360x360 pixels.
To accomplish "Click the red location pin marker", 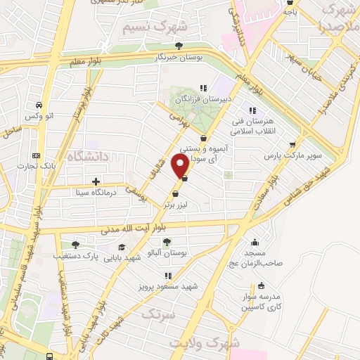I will click(181, 167).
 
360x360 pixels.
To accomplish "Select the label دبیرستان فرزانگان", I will click(202, 99).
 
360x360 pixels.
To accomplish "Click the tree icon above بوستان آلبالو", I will click(167, 243).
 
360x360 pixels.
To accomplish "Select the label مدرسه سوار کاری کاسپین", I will click(262, 302).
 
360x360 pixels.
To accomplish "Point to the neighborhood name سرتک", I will click(157, 315).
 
